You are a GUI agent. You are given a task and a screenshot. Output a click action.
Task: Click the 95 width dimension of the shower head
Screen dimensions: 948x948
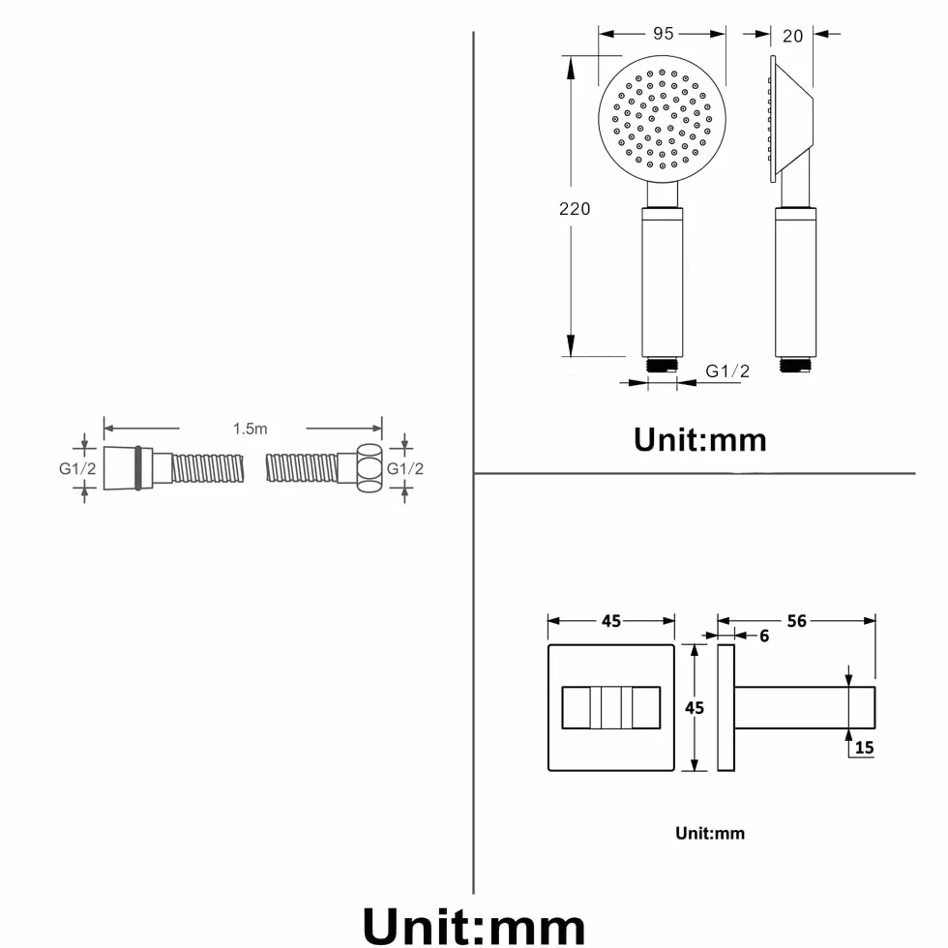click(x=664, y=34)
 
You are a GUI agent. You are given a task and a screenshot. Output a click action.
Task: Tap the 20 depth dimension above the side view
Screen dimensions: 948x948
click(x=792, y=37)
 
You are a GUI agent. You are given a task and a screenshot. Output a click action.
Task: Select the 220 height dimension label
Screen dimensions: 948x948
click(x=575, y=209)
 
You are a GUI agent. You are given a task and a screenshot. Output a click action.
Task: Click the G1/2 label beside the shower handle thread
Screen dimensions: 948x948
click(x=727, y=371)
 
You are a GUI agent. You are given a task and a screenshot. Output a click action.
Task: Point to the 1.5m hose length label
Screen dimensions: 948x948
click(x=251, y=429)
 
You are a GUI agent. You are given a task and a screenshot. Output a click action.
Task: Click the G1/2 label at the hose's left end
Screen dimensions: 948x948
click(x=77, y=468)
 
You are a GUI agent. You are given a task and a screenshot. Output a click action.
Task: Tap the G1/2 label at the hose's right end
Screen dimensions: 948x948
click(x=405, y=468)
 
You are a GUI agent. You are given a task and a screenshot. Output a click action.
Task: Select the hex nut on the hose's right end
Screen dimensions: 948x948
click(x=370, y=468)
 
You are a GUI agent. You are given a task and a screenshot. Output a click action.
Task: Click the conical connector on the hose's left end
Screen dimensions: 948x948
click(x=121, y=468)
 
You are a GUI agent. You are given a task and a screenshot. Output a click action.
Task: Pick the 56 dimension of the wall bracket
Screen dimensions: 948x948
click(x=797, y=621)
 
